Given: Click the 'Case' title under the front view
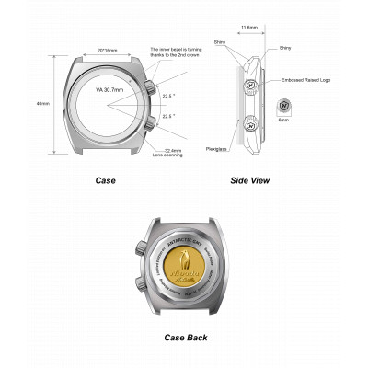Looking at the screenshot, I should [106, 180].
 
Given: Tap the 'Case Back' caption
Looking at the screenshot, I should [185, 338].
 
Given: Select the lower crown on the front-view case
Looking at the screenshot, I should [147, 121].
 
